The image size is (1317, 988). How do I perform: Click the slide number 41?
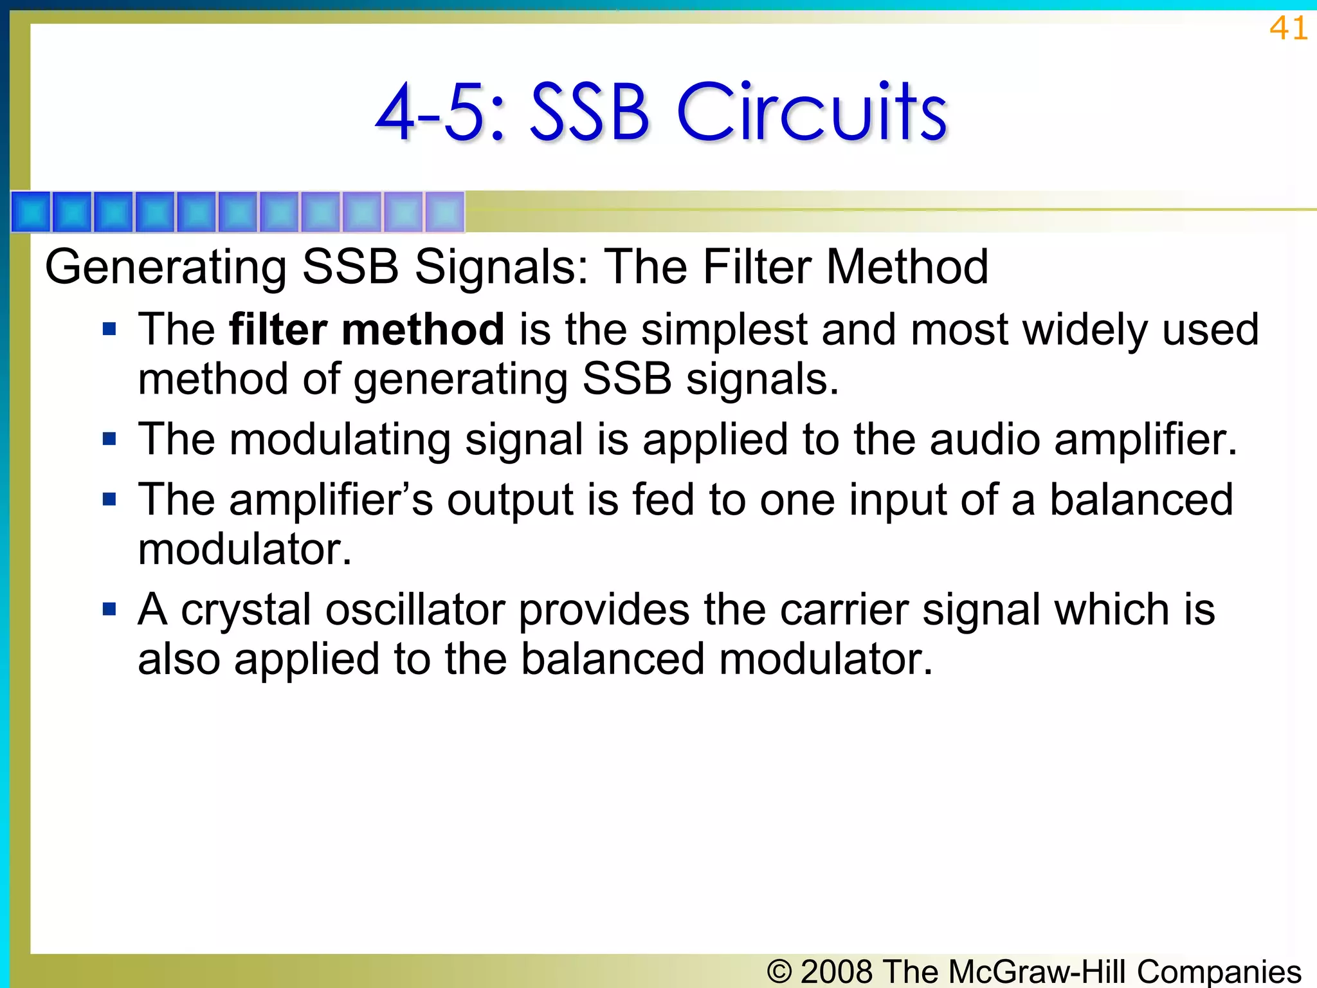point(1288,28)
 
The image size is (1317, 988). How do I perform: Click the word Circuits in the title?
point(812,113)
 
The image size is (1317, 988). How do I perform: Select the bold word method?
point(422,329)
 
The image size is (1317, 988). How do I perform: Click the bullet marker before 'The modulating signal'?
point(109,440)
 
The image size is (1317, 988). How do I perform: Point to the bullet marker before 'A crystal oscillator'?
point(109,609)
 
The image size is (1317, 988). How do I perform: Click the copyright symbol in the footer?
point(779,971)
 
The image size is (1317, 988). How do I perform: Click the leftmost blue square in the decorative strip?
point(31,212)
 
